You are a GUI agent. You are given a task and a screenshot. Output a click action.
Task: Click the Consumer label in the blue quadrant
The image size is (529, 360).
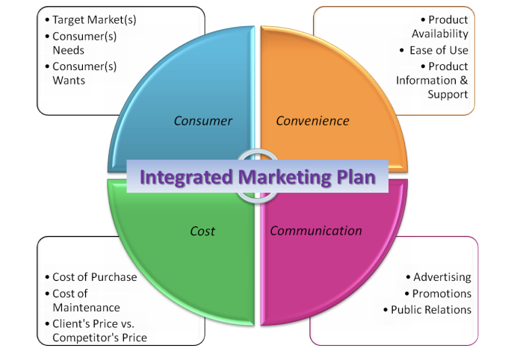pyautogui.click(x=203, y=120)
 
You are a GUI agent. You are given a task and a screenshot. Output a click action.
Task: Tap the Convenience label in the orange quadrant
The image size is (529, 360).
pyautogui.click(x=312, y=120)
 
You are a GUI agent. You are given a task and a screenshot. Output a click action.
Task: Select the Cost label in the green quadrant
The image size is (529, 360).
pyautogui.click(x=202, y=231)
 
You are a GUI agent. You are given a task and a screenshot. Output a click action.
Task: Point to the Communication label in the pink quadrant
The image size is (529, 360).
pyautogui.click(x=315, y=231)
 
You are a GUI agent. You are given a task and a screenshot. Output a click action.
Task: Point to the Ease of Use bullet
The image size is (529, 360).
pyautogui.click(x=439, y=50)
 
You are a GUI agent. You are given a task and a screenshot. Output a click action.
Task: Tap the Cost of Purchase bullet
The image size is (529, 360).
pyautogui.click(x=94, y=277)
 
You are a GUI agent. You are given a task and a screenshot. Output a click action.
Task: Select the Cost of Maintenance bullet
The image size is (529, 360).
pyautogui.click(x=85, y=300)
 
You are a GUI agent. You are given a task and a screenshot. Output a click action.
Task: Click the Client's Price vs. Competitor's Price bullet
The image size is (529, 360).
pyautogui.click(x=99, y=330)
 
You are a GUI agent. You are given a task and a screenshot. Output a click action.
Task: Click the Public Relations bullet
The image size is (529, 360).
pyautogui.click(x=431, y=310)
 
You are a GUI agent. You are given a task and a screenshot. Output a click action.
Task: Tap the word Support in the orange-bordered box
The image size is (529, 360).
pyautogui.click(x=448, y=95)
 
